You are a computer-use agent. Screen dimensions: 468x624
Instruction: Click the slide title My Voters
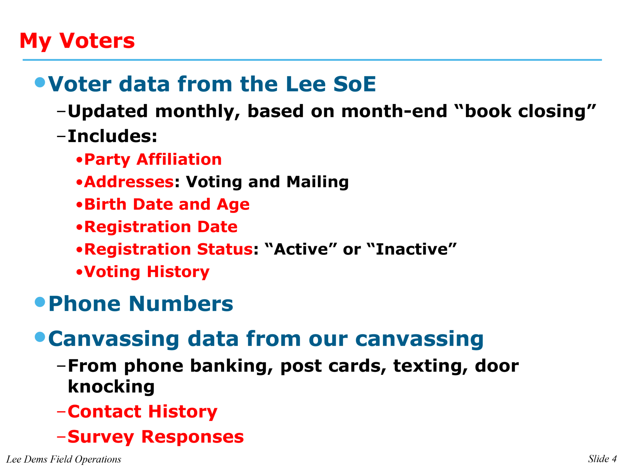point(77,41)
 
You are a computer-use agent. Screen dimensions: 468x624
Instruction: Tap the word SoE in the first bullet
point(354,84)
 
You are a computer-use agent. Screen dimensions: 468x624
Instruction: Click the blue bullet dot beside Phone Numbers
point(40,302)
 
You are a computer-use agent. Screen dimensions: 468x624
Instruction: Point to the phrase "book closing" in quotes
point(524,111)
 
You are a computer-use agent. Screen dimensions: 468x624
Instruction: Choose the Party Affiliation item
point(153,159)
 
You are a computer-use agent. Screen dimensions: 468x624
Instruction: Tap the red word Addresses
point(129,182)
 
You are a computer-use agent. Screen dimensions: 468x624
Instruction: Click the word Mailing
point(317,182)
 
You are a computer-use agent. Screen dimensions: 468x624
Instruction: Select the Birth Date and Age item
point(167,204)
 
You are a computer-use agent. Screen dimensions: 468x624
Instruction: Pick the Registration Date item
point(161,227)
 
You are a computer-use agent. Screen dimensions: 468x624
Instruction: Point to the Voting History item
point(147,272)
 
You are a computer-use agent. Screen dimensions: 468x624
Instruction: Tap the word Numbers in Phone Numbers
point(181,304)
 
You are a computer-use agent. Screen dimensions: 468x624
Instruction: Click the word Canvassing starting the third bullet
point(114,339)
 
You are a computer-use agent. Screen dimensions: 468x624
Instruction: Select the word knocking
point(111,387)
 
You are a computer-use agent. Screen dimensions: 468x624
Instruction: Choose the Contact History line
point(142,412)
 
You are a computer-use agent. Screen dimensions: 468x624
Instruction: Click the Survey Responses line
point(155,437)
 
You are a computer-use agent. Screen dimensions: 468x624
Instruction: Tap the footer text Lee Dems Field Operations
point(64,459)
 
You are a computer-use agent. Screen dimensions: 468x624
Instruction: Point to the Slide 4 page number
point(602,459)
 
